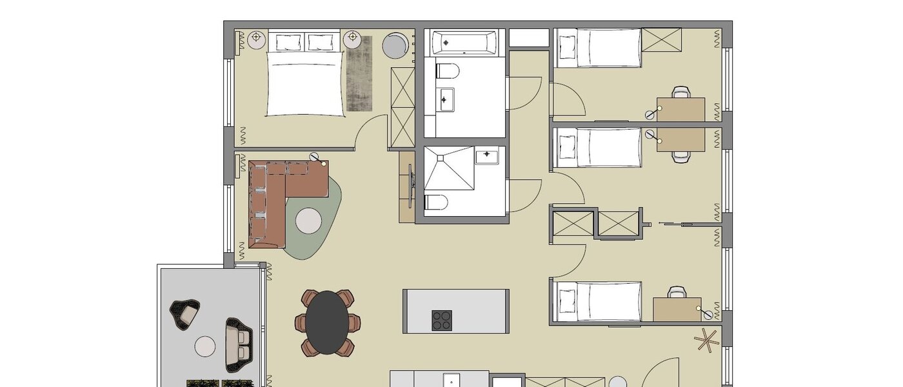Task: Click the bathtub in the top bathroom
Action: [x=464, y=43]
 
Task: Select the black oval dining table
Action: [x=328, y=322]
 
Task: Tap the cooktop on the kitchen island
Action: [x=442, y=320]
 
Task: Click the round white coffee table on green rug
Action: [x=308, y=221]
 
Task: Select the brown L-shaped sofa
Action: [x=277, y=193]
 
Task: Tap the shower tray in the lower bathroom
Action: [x=450, y=170]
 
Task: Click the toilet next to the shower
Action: [x=436, y=203]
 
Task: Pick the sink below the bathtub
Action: [x=445, y=99]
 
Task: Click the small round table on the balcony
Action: [x=205, y=346]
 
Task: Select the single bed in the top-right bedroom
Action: [x=599, y=47]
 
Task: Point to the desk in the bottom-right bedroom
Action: [x=677, y=309]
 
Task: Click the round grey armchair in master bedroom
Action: [x=394, y=45]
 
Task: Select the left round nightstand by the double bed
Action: [x=257, y=38]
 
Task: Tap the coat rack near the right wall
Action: [x=708, y=341]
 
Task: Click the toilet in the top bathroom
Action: [x=447, y=69]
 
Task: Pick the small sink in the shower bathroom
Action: [x=488, y=155]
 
